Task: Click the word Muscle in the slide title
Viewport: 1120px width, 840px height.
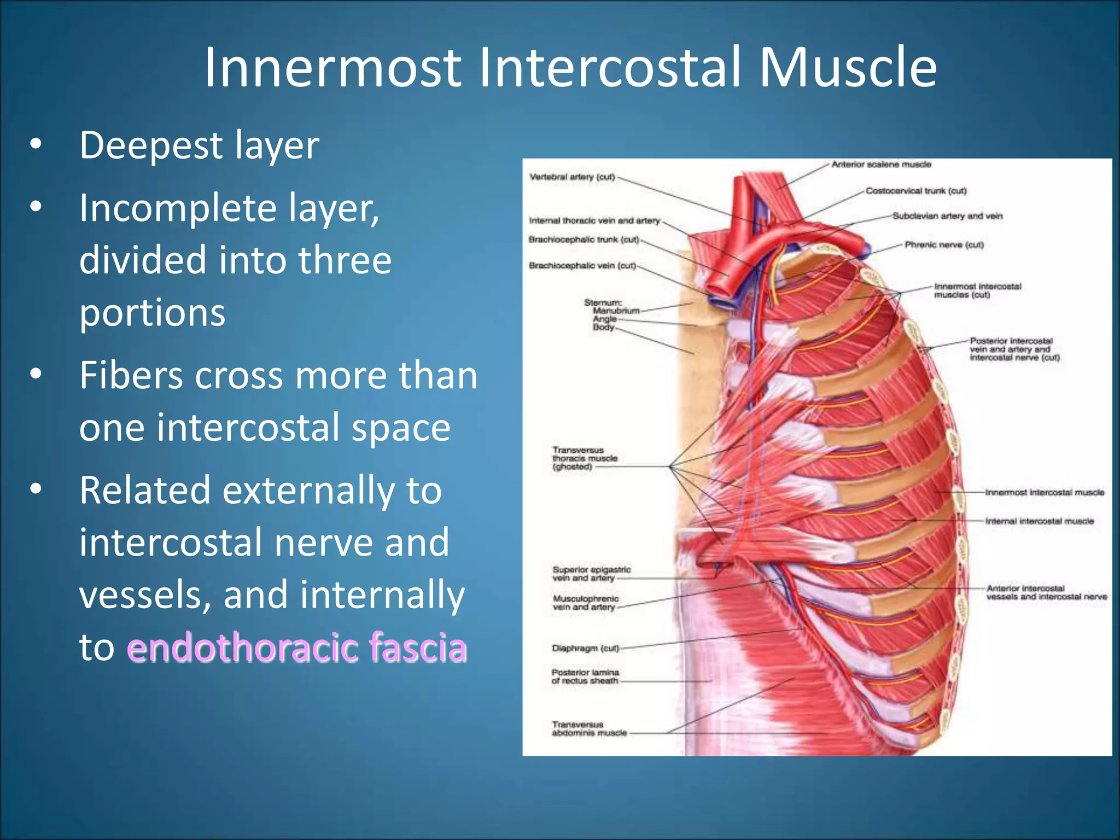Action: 848,68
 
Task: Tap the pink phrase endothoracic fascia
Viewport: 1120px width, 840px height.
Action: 297,647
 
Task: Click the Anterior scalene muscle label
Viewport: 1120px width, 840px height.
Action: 881,165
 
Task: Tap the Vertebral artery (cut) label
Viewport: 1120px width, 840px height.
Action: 572,177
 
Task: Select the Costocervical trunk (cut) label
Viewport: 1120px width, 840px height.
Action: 916,191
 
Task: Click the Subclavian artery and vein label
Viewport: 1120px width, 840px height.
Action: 947,216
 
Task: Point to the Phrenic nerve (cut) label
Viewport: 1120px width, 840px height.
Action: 944,245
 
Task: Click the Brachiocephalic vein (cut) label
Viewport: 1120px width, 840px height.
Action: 582,266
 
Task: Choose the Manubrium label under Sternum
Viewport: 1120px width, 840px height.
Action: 616,311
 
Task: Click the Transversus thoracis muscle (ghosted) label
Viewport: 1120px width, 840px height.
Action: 584,459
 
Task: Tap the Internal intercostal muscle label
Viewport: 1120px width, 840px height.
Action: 1039,521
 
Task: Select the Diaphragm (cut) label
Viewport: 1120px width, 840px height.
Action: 585,649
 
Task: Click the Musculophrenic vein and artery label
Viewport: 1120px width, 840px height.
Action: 585,603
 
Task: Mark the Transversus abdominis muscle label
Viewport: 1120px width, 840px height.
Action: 588,729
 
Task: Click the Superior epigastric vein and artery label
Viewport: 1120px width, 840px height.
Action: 591,574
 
